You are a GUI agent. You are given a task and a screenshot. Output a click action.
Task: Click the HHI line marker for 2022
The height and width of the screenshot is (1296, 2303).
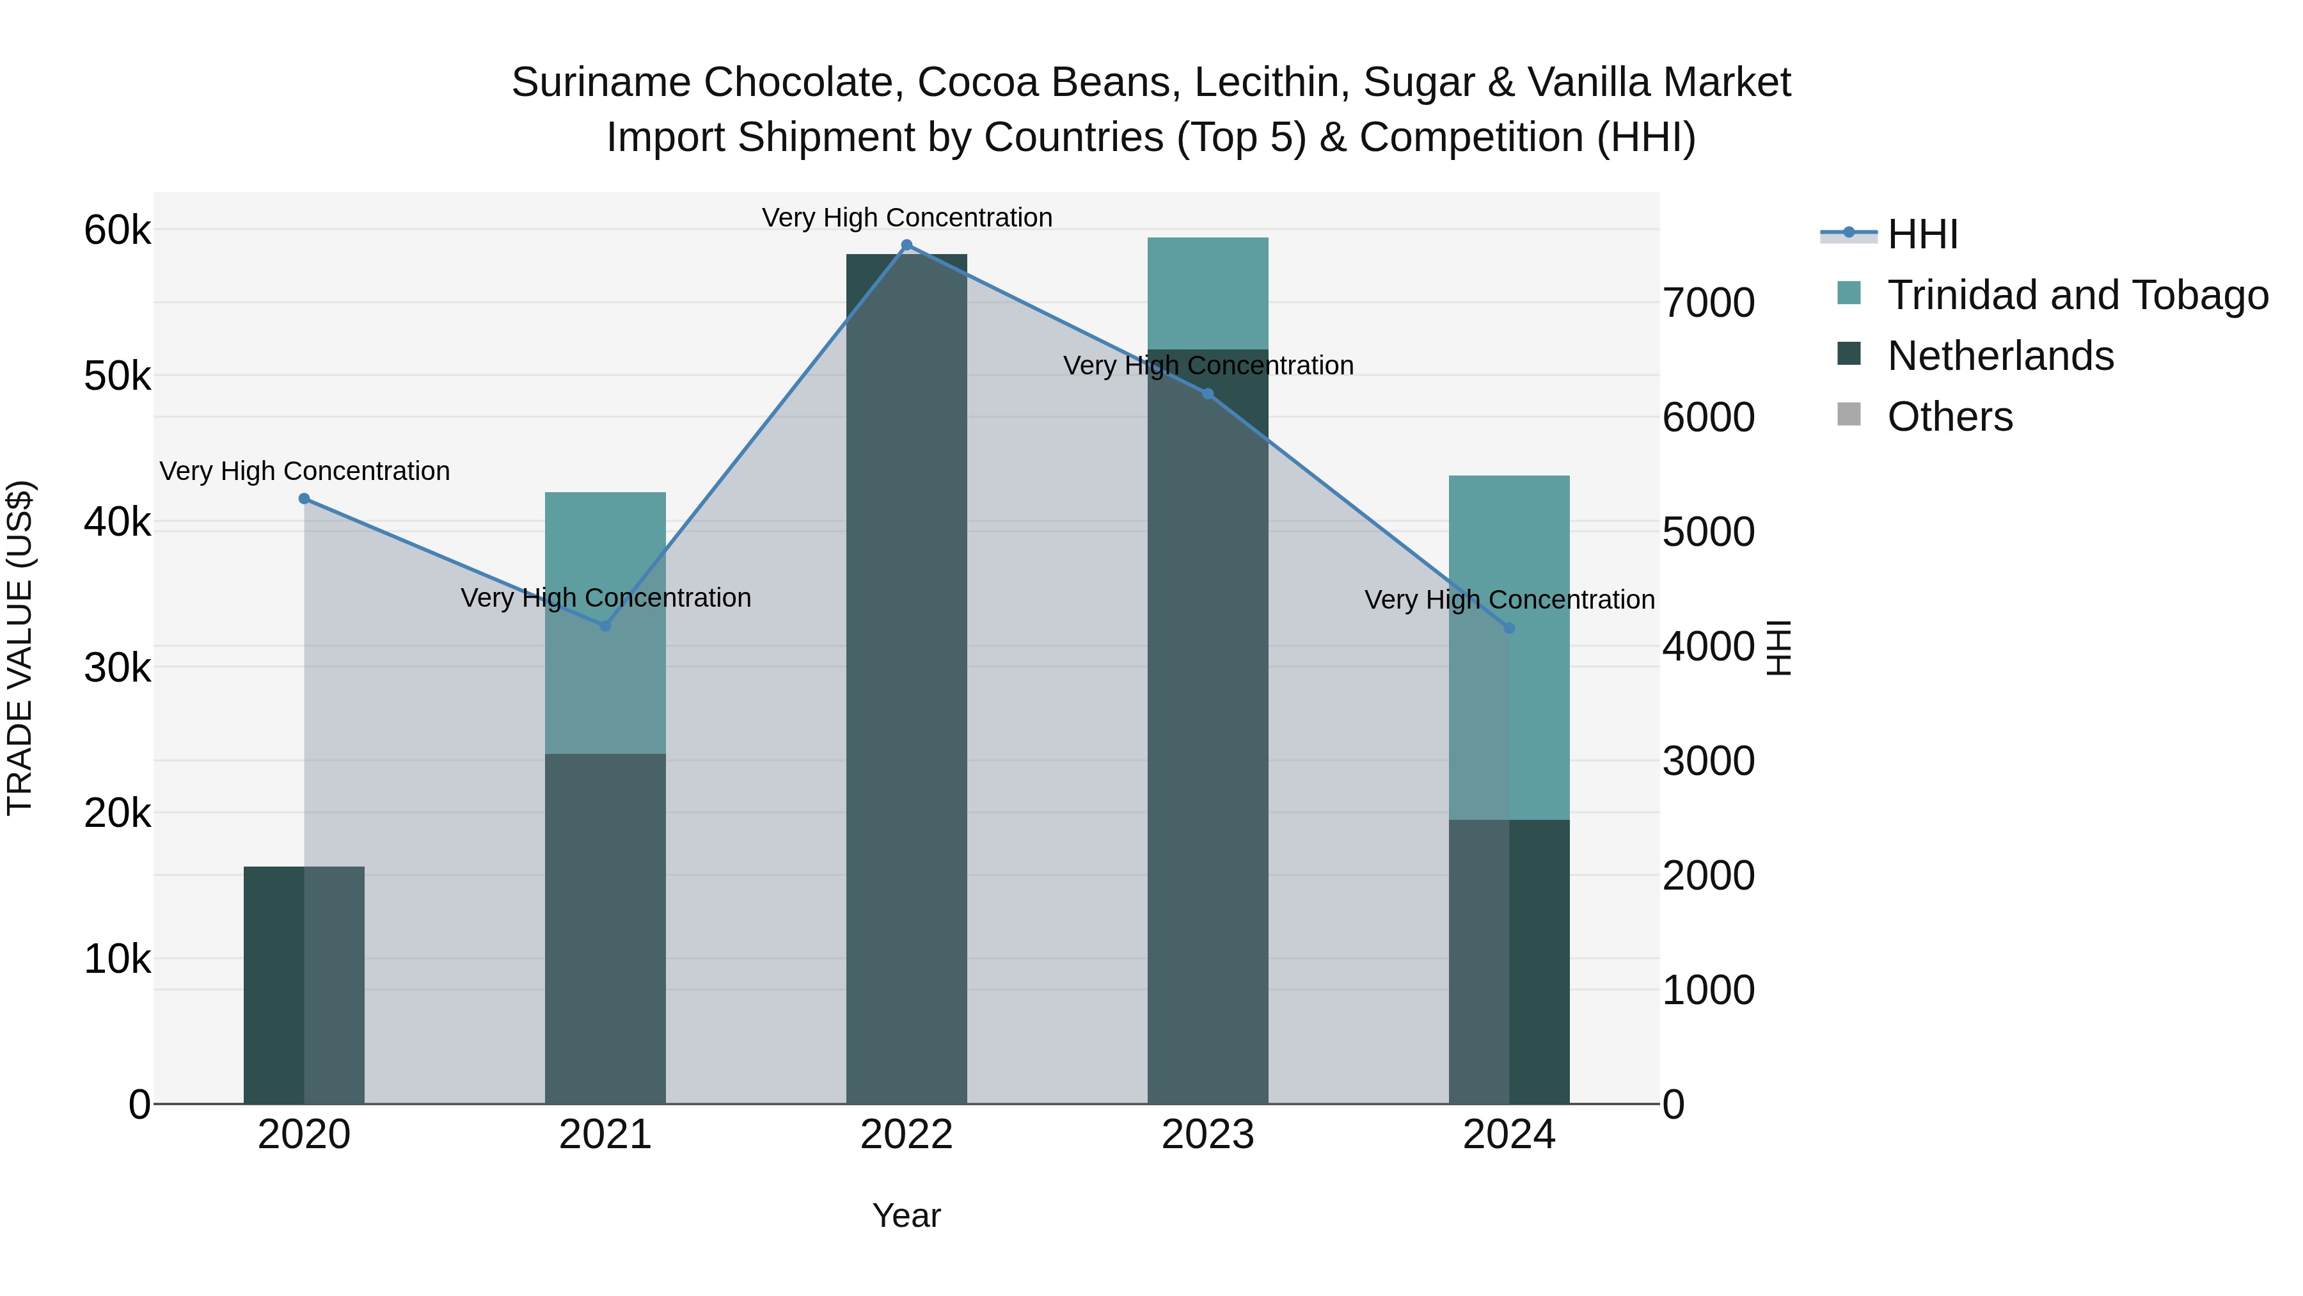[906, 245]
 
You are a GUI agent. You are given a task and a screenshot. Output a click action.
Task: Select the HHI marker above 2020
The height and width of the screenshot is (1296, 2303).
[304, 498]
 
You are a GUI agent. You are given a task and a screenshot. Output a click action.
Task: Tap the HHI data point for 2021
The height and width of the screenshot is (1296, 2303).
[605, 626]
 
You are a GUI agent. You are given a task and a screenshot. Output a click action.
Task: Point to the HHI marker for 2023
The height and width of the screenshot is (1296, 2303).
[1208, 394]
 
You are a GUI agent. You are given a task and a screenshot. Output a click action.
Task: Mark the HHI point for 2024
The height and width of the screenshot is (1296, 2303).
[1509, 628]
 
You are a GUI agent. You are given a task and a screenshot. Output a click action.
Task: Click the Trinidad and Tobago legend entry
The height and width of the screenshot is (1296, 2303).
[2077, 295]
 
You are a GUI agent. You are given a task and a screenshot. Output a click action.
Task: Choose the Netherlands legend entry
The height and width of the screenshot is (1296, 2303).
[2000, 356]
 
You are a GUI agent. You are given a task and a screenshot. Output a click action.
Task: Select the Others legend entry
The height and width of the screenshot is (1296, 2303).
[1949, 417]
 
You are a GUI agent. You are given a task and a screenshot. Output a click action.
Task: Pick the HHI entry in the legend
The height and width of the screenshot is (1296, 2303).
[1922, 234]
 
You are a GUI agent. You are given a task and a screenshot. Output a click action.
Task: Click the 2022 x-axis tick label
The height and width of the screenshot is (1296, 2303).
[906, 1135]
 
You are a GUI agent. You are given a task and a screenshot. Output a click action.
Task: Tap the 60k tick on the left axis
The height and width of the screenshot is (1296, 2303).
[117, 231]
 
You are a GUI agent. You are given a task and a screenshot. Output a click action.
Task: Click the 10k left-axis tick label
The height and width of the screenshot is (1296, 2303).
[117, 960]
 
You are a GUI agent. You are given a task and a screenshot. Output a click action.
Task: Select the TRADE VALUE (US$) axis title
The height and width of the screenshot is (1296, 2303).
[20, 648]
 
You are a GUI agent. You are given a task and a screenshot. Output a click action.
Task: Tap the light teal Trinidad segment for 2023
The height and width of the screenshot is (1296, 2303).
[1208, 293]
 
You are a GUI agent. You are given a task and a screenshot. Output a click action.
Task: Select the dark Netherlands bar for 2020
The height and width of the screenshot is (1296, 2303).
[274, 984]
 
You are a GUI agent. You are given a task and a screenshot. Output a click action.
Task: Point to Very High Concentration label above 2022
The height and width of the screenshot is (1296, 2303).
[906, 218]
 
